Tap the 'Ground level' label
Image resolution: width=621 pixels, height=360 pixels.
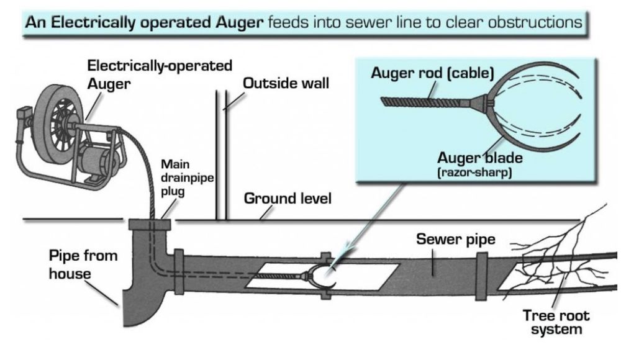tap(288, 199)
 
